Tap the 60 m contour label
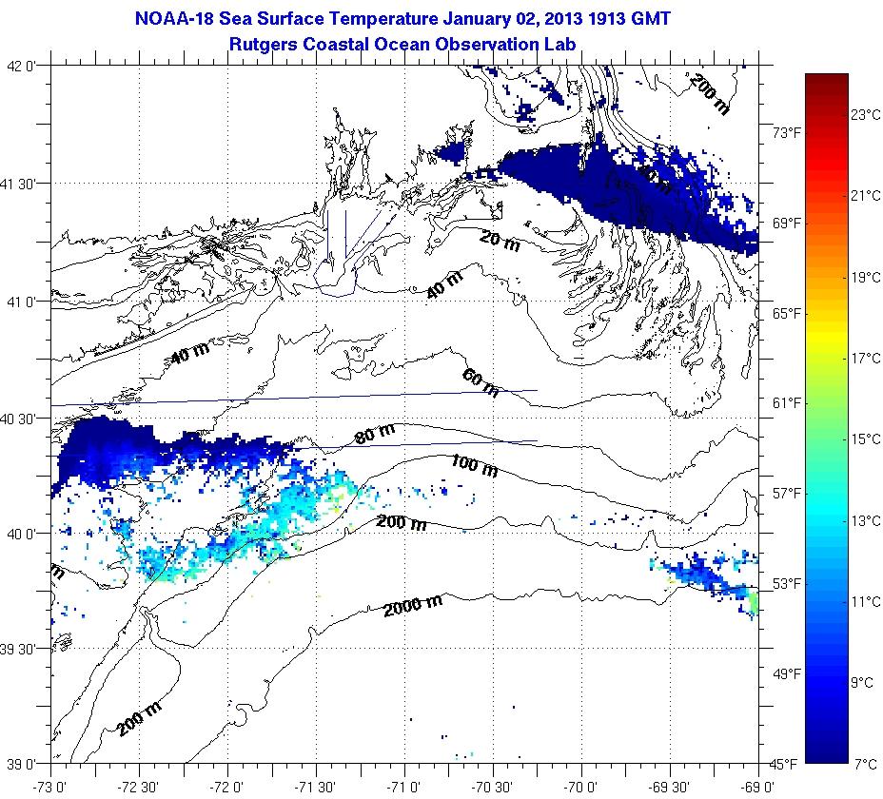pyautogui.click(x=481, y=382)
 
